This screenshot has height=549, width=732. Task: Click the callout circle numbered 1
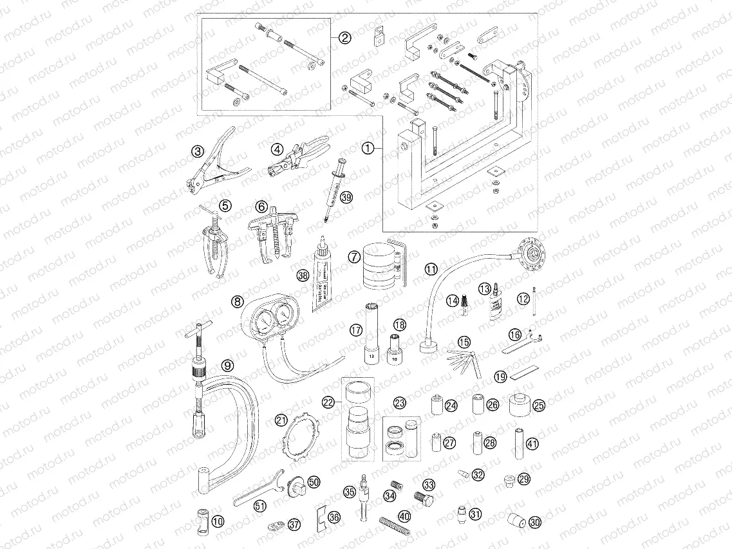pos(367,149)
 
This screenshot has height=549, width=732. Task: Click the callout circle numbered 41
pos(532,443)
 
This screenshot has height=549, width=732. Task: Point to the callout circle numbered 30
pos(535,523)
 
